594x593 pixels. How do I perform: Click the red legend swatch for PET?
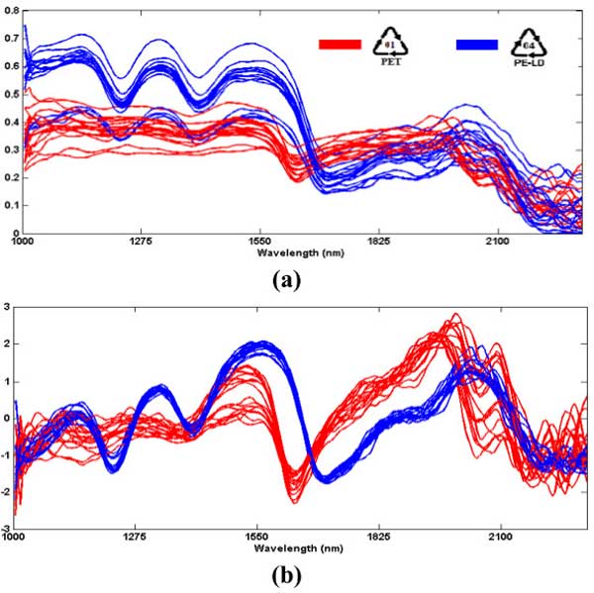339,45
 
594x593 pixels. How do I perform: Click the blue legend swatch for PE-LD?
476,45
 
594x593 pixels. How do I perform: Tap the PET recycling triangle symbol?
390,42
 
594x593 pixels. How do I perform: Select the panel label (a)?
287,280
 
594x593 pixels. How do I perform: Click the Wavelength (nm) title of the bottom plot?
299,545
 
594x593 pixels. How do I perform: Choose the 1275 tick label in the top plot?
135,241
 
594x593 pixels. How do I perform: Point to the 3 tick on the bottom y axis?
8,308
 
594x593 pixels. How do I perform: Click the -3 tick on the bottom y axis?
6,525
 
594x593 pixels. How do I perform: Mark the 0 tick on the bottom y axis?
8,417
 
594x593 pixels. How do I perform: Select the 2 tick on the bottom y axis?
8,345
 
